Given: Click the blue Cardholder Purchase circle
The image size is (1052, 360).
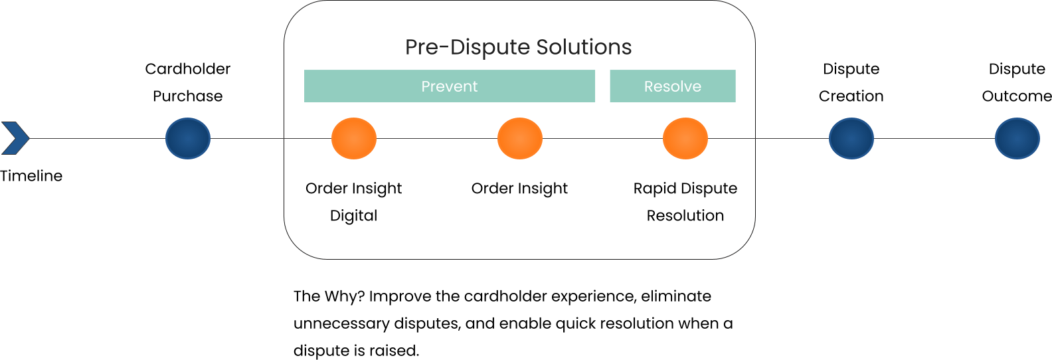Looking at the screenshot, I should [188, 139].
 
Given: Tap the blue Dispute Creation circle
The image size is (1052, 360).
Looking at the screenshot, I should [851, 139].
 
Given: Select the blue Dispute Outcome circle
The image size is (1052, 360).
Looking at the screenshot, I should [1017, 139].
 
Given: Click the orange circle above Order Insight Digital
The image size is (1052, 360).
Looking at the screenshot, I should [354, 139].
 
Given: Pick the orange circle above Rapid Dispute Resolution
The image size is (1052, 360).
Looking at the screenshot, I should [685, 139].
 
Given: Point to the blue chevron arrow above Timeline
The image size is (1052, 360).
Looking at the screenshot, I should [15, 138].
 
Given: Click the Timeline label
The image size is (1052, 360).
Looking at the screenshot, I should [31, 176].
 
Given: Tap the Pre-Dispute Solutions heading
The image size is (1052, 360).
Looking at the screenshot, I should [518, 47].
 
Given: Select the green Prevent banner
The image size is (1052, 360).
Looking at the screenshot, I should [450, 86].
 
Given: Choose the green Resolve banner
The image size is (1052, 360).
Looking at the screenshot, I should [672, 86].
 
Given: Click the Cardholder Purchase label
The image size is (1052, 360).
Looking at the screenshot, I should [188, 82].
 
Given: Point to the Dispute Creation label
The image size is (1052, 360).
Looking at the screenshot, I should [851, 82].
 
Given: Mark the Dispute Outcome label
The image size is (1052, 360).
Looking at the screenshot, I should [1016, 82].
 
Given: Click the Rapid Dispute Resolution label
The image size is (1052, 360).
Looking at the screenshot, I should [685, 202].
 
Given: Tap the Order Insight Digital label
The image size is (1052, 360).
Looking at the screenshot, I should [353, 202].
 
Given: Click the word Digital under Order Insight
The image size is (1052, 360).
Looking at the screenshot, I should [353, 216].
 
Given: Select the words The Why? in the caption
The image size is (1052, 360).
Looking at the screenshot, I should [329, 296].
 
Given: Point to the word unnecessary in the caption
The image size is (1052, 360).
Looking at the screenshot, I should [341, 323].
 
